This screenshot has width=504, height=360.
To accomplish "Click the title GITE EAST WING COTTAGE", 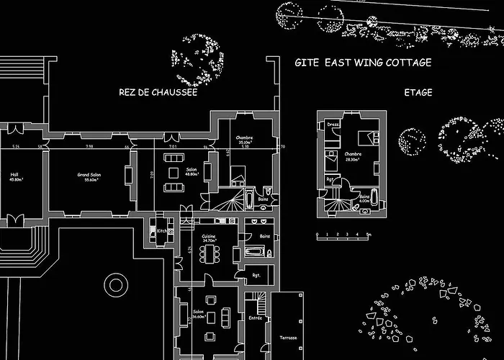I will point(363,63).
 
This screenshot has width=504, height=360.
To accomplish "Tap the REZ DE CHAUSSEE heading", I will point(158,92).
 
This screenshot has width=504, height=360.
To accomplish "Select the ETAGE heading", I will point(418,92).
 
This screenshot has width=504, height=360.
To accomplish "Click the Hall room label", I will point(14,176).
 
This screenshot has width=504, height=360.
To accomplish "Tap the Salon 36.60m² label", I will point(198,315).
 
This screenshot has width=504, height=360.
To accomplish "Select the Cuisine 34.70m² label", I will point(209,237).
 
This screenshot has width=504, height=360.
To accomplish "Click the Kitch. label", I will point(163,230).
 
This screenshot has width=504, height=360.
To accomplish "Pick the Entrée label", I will point(256,318).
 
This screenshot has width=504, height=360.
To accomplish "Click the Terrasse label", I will point(289,337).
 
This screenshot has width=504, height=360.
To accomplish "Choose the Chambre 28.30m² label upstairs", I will point(352,156).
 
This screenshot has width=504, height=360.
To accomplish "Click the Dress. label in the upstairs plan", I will point(333,125).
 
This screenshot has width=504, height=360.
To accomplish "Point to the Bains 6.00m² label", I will point(364,199).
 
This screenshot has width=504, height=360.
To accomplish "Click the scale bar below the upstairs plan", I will point(343,235).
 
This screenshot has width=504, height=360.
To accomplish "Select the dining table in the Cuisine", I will point(210,253).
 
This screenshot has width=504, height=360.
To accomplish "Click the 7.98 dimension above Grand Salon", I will point(89,147).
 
